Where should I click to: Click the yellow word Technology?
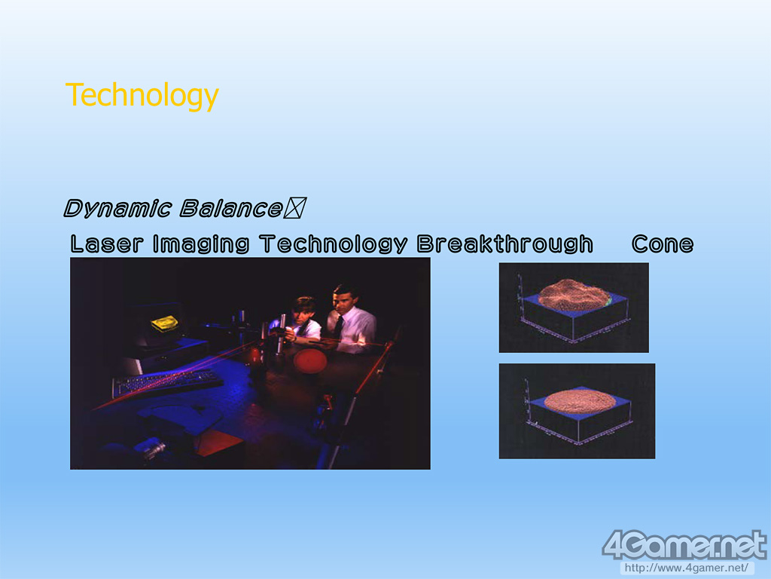[x=142, y=96]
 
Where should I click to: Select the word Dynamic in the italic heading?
[x=117, y=208]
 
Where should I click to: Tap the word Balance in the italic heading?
[x=230, y=208]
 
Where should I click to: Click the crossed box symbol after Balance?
[x=295, y=208]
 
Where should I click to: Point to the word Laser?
[x=107, y=244]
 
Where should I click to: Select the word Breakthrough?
[x=505, y=244]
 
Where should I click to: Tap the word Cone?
[x=663, y=244]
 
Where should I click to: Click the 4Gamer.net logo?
[x=684, y=544]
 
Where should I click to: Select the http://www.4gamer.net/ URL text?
[x=686, y=568]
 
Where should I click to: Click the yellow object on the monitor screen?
[x=165, y=323]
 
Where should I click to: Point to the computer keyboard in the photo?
[x=167, y=381]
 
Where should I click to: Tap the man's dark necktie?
[x=338, y=326]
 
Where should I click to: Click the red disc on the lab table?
[x=310, y=360]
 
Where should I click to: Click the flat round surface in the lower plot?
[x=580, y=401]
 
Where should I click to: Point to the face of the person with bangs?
[x=303, y=312]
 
